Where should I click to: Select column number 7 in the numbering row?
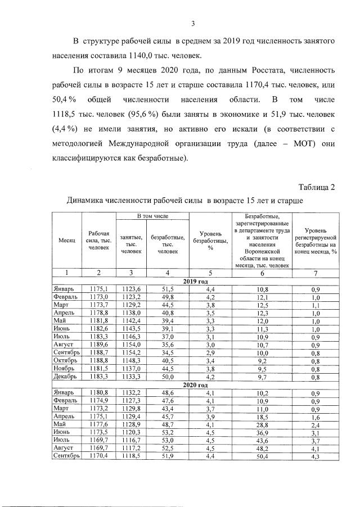[316, 273]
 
